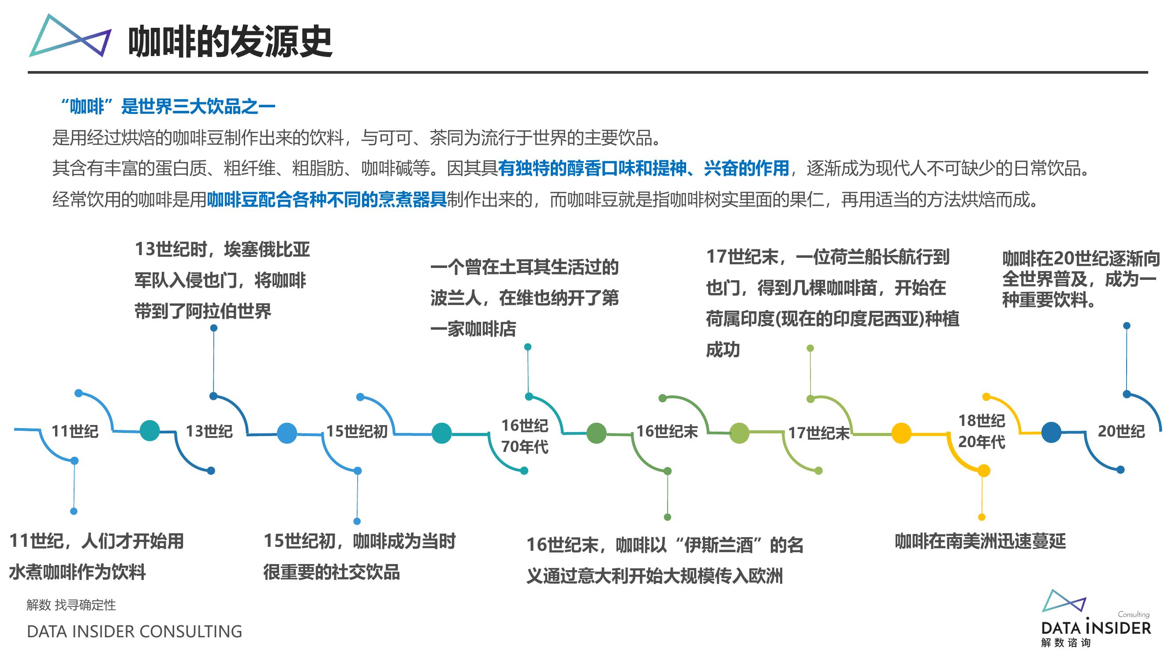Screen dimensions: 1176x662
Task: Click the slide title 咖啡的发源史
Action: tap(230, 41)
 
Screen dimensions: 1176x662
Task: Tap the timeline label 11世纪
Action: tap(75, 431)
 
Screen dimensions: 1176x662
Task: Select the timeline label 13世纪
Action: tap(209, 431)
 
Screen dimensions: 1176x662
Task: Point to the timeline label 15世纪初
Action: tap(357, 431)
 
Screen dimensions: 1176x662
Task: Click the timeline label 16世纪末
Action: tap(668, 431)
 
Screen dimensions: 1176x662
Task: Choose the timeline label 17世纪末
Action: tap(819, 433)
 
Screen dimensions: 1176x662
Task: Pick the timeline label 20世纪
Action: tap(1121, 431)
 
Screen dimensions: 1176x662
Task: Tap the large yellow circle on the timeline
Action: tap(901, 433)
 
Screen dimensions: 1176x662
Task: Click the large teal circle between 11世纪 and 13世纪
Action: tap(150, 430)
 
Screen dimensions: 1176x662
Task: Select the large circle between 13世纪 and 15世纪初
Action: tap(287, 433)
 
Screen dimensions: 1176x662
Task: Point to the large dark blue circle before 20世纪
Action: tap(1051, 432)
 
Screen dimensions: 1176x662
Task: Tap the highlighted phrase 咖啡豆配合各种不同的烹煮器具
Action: tap(327, 199)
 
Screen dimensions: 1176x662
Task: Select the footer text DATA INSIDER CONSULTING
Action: tap(134, 632)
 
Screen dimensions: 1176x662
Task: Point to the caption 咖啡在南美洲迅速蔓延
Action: tap(980, 541)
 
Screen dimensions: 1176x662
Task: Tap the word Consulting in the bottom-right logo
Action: tap(1134, 614)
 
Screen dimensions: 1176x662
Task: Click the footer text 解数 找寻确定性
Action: tap(71, 605)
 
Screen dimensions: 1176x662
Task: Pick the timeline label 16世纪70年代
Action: tap(525, 436)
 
